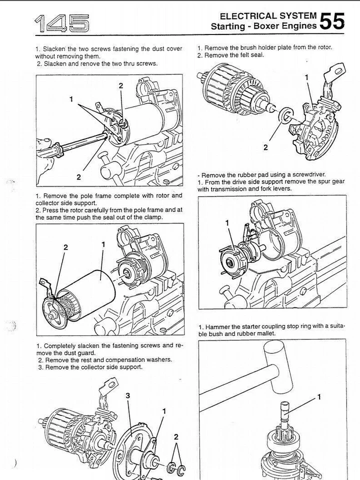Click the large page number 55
pyautogui.click(x=332, y=21)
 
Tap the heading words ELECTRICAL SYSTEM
pyautogui.click(x=268, y=16)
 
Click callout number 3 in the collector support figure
pyautogui.click(x=128, y=395)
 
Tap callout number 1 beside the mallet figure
pyautogui.click(x=319, y=397)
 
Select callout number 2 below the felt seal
pyautogui.click(x=265, y=147)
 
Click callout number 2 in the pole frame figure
pyautogui.click(x=65, y=247)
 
